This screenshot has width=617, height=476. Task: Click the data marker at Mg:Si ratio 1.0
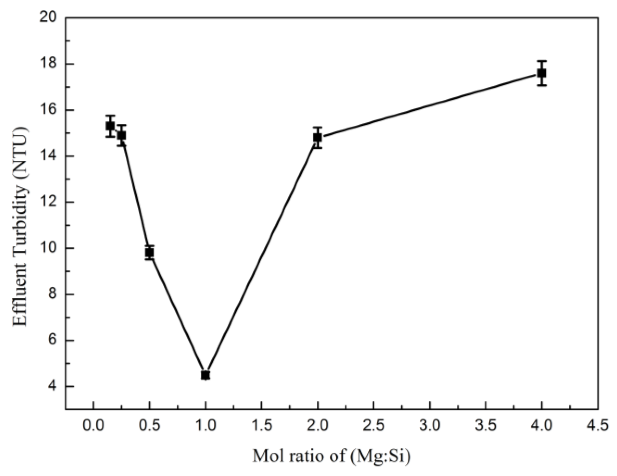pyautogui.click(x=205, y=375)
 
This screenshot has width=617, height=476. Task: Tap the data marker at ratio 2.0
pyautogui.click(x=317, y=137)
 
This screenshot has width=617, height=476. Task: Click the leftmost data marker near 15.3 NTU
pyautogui.click(x=110, y=126)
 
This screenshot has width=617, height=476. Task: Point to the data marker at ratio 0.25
pyautogui.click(x=121, y=135)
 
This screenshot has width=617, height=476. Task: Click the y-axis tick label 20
pyautogui.click(x=48, y=18)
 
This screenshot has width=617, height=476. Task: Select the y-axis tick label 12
pyautogui.click(x=48, y=202)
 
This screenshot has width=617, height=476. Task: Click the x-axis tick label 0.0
pyautogui.click(x=93, y=425)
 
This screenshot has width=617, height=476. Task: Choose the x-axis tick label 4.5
pyautogui.click(x=598, y=425)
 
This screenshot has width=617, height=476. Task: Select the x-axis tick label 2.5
pyautogui.click(x=374, y=425)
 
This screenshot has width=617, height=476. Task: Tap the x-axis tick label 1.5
pyautogui.click(x=262, y=425)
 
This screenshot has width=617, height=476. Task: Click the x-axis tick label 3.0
pyautogui.click(x=430, y=425)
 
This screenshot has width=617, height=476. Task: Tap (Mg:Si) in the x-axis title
pyautogui.click(x=380, y=457)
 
